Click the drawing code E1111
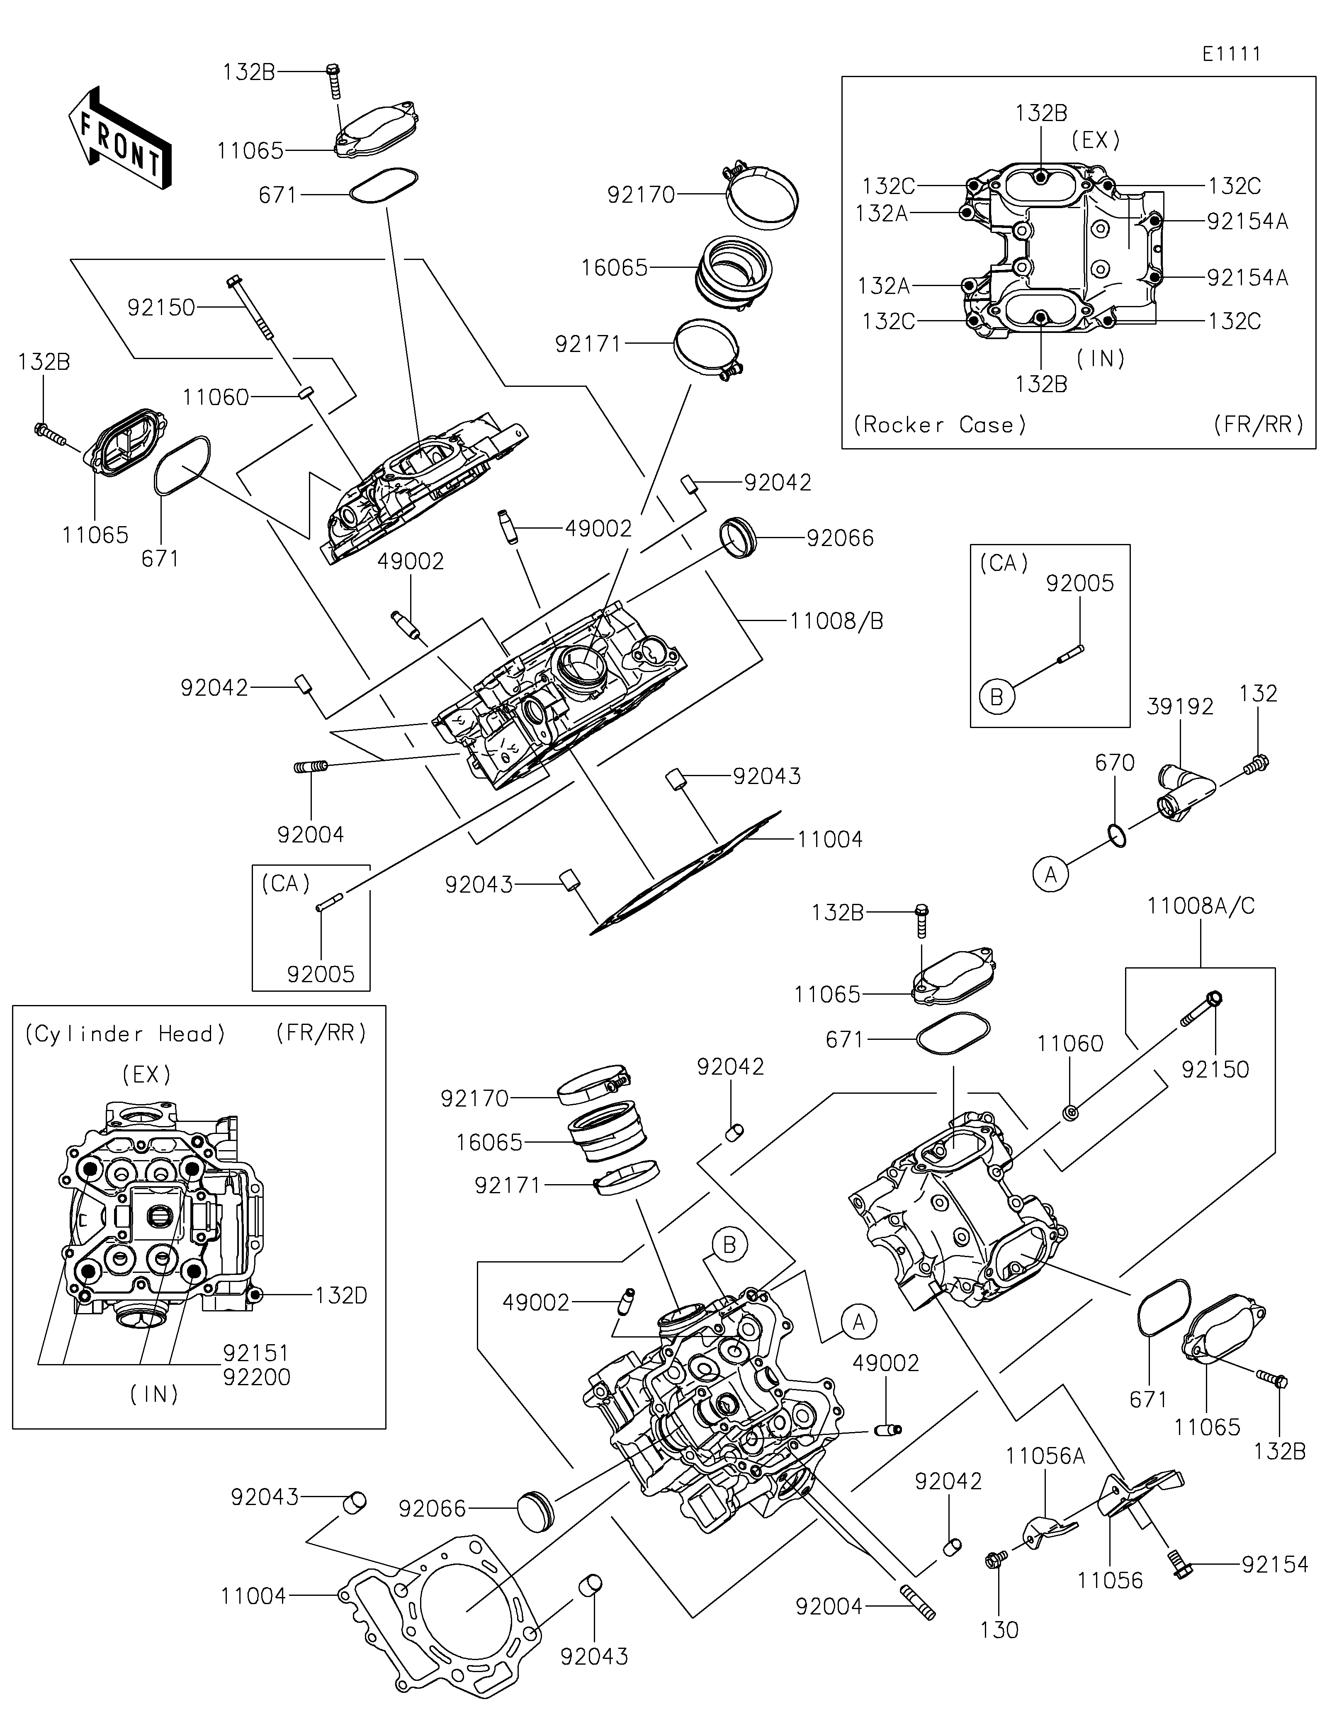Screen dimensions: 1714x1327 point(1231,54)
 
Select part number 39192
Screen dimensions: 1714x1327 point(1179,706)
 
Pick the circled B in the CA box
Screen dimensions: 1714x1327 point(996,697)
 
